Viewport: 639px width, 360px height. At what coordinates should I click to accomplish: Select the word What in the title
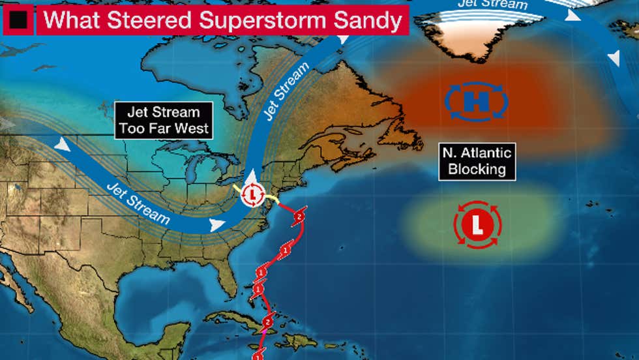[x=70, y=22]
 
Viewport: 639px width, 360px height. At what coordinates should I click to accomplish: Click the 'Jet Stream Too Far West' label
[x=164, y=119]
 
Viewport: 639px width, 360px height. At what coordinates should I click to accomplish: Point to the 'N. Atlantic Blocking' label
[x=477, y=162]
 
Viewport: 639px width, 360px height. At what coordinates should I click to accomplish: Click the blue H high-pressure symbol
[x=477, y=102]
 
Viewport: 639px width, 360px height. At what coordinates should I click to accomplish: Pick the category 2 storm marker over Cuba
[x=268, y=322]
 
